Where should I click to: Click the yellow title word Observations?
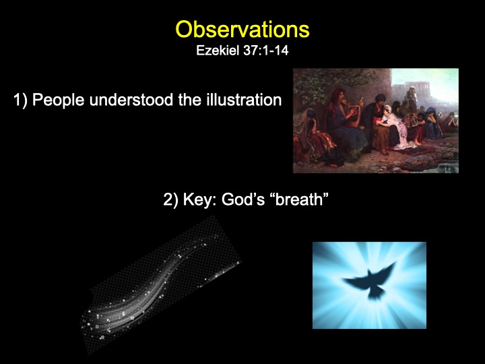coord(243,30)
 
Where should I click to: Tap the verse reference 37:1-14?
coord(266,51)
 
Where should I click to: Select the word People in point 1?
coord(58,100)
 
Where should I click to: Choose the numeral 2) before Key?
coord(170,200)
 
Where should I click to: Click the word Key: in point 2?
coord(200,200)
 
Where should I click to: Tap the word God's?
coord(243,200)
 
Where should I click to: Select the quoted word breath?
coord(299,200)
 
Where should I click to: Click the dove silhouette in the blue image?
coord(370,282)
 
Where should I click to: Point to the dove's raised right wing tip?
coord(395,263)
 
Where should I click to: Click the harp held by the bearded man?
coord(354,115)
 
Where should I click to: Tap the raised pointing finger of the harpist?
coord(360,100)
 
